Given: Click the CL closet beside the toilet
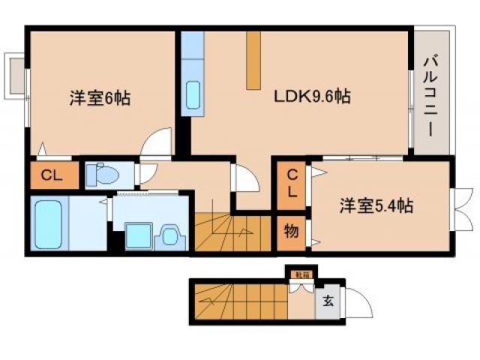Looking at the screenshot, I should pos(51,176).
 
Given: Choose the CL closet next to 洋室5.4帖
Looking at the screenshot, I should pos(291,183).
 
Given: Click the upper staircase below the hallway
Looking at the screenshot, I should pos(232,233).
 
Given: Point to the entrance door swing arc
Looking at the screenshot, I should pos(358,303).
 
